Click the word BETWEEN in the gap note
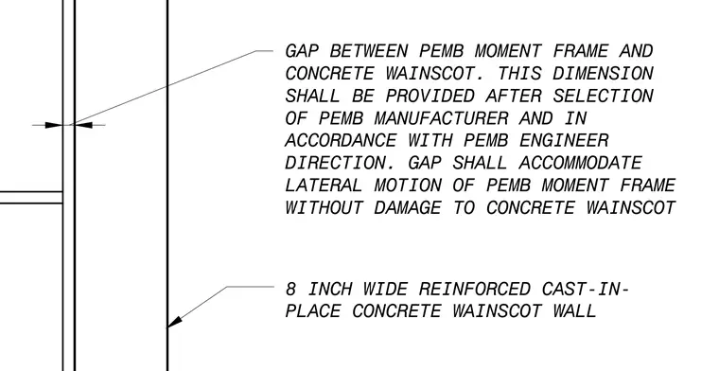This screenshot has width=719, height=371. (x=369, y=51)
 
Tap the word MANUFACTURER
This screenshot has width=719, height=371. (x=442, y=118)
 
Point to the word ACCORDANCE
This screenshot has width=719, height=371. (x=341, y=140)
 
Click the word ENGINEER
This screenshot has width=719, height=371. (x=564, y=140)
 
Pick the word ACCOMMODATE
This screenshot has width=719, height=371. (x=581, y=163)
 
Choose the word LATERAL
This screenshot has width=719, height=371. (x=324, y=185)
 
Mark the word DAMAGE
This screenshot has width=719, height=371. (x=408, y=208)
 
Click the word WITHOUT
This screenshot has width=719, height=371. (x=324, y=208)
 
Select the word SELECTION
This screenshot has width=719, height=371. (x=603, y=96)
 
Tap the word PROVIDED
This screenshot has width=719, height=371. (x=430, y=96)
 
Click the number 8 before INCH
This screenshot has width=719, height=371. (x=290, y=290)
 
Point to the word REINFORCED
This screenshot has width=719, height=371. (x=475, y=290)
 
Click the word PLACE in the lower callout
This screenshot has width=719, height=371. (x=313, y=311)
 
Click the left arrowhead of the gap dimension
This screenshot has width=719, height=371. (x=54, y=125)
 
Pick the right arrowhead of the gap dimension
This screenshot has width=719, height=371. (x=83, y=125)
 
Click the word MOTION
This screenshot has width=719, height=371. (x=408, y=185)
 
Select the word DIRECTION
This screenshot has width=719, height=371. (x=341, y=163)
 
